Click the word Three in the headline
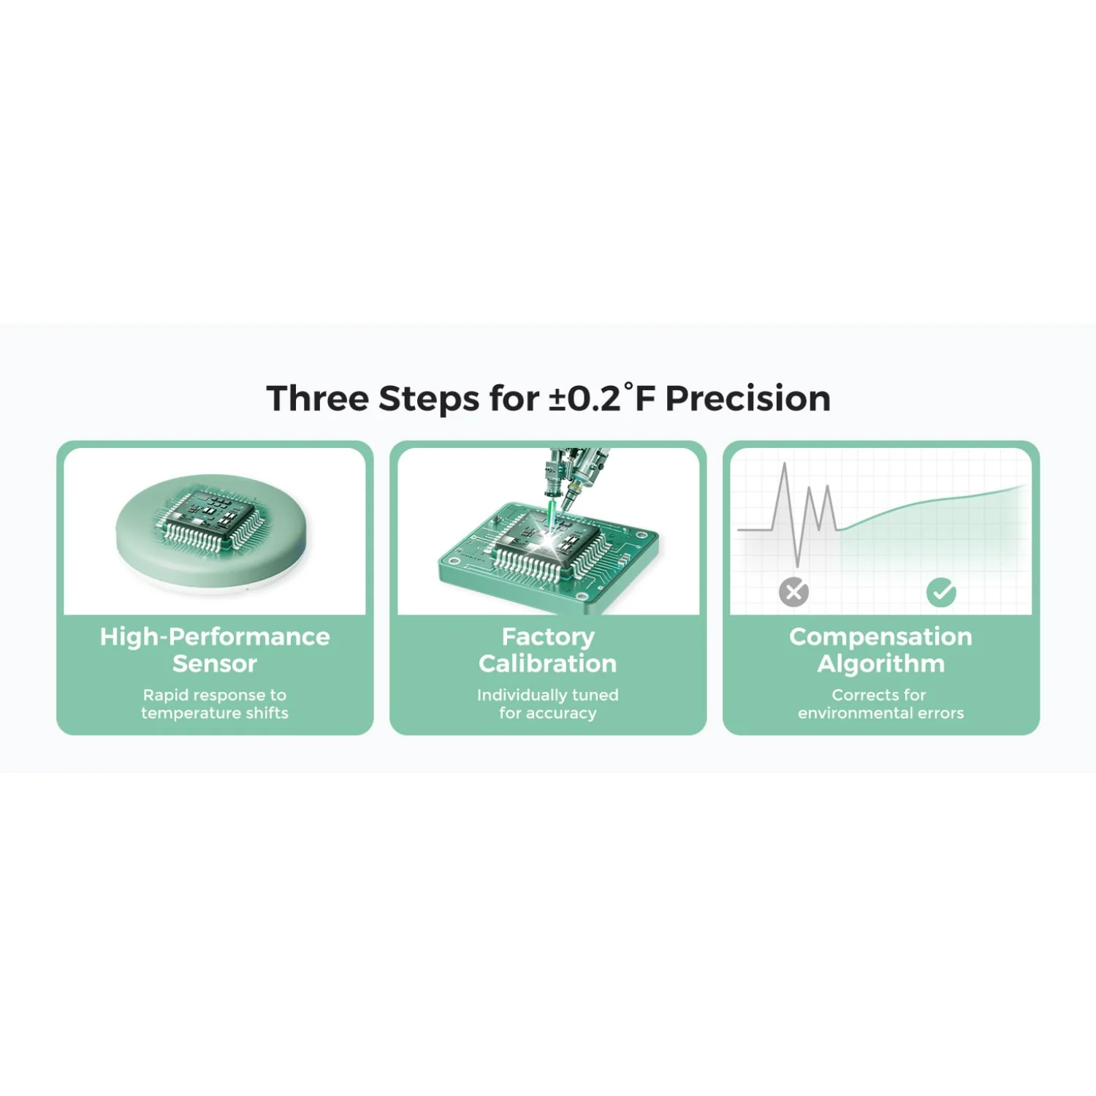click(317, 399)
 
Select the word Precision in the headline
click(748, 399)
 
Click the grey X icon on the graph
click(794, 592)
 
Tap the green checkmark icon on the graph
click(941, 592)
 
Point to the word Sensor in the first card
click(215, 663)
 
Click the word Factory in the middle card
click(548, 637)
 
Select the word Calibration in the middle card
click(548, 663)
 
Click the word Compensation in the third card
click(880, 637)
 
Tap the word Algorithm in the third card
click(880, 663)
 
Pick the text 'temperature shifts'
click(215, 713)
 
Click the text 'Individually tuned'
click(548, 695)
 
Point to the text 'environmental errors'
click(880, 713)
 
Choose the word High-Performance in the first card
click(215, 637)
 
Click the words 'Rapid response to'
click(215, 695)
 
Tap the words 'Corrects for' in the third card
click(879, 695)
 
